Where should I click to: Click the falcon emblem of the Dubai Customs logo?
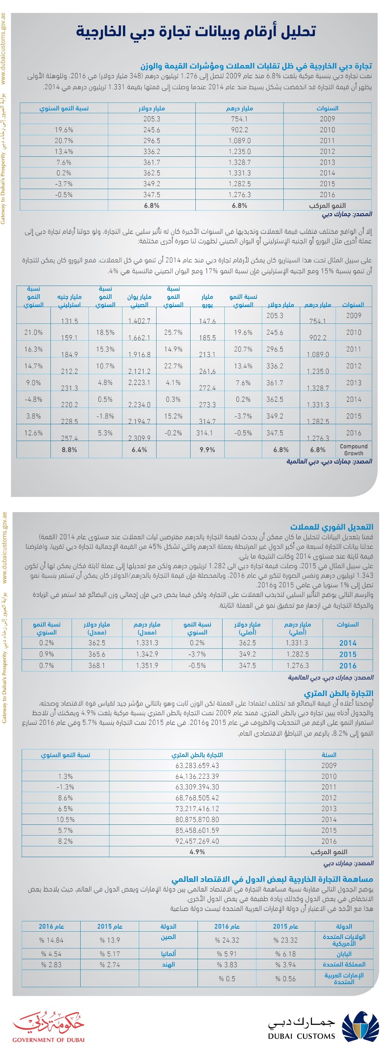click(x=361, y=1027)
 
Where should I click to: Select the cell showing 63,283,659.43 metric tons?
click(x=197, y=765)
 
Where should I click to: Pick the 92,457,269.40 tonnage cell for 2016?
click(x=197, y=841)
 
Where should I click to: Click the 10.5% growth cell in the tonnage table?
click(x=66, y=819)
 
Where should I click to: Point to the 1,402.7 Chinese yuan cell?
click(x=139, y=321)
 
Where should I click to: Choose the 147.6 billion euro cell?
click(x=207, y=321)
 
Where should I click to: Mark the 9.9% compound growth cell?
click(x=207, y=450)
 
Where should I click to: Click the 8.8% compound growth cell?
click(x=69, y=450)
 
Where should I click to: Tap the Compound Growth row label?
click(x=354, y=450)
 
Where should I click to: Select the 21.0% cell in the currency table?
click(x=34, y=333)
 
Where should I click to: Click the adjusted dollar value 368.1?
click(x=97, y=665)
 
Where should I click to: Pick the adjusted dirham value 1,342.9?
click(x=147, y=654)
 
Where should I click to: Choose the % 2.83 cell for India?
click(x=51, y=965)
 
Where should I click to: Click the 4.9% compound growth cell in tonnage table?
click(x=197, y=852)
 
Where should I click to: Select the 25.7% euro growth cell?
click(x=173, y=333)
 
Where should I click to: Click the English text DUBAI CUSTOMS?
click(x=301, y=1036)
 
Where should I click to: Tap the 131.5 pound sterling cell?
click(x=69, y=321)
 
